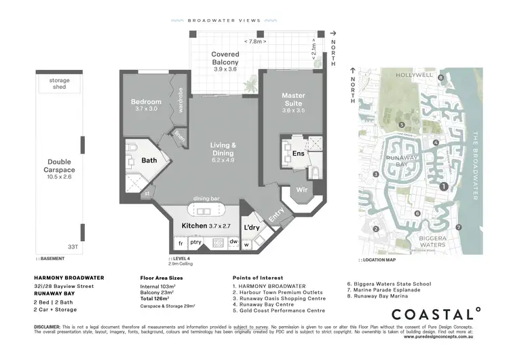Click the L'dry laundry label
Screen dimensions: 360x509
(x=252, y=227)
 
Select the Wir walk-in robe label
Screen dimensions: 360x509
(x=302, y=190)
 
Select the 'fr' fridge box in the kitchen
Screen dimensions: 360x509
(x=181, y=242)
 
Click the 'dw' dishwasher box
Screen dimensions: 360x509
(x=233, y=242)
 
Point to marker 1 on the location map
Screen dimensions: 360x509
(x=443, y=186)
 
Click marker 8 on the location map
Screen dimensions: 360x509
(x=440, y=78)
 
